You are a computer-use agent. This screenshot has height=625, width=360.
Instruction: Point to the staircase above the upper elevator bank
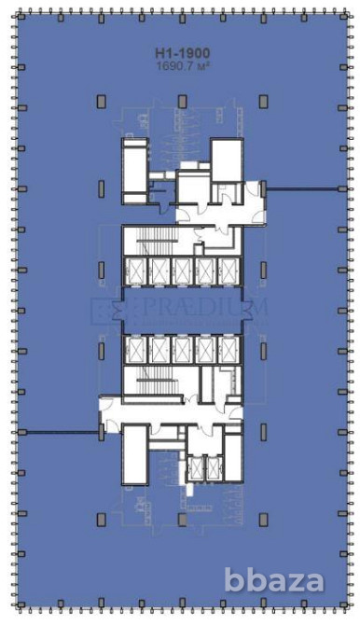pos(148,241)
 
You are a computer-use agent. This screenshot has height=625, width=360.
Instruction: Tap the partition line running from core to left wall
pos(58,431)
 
